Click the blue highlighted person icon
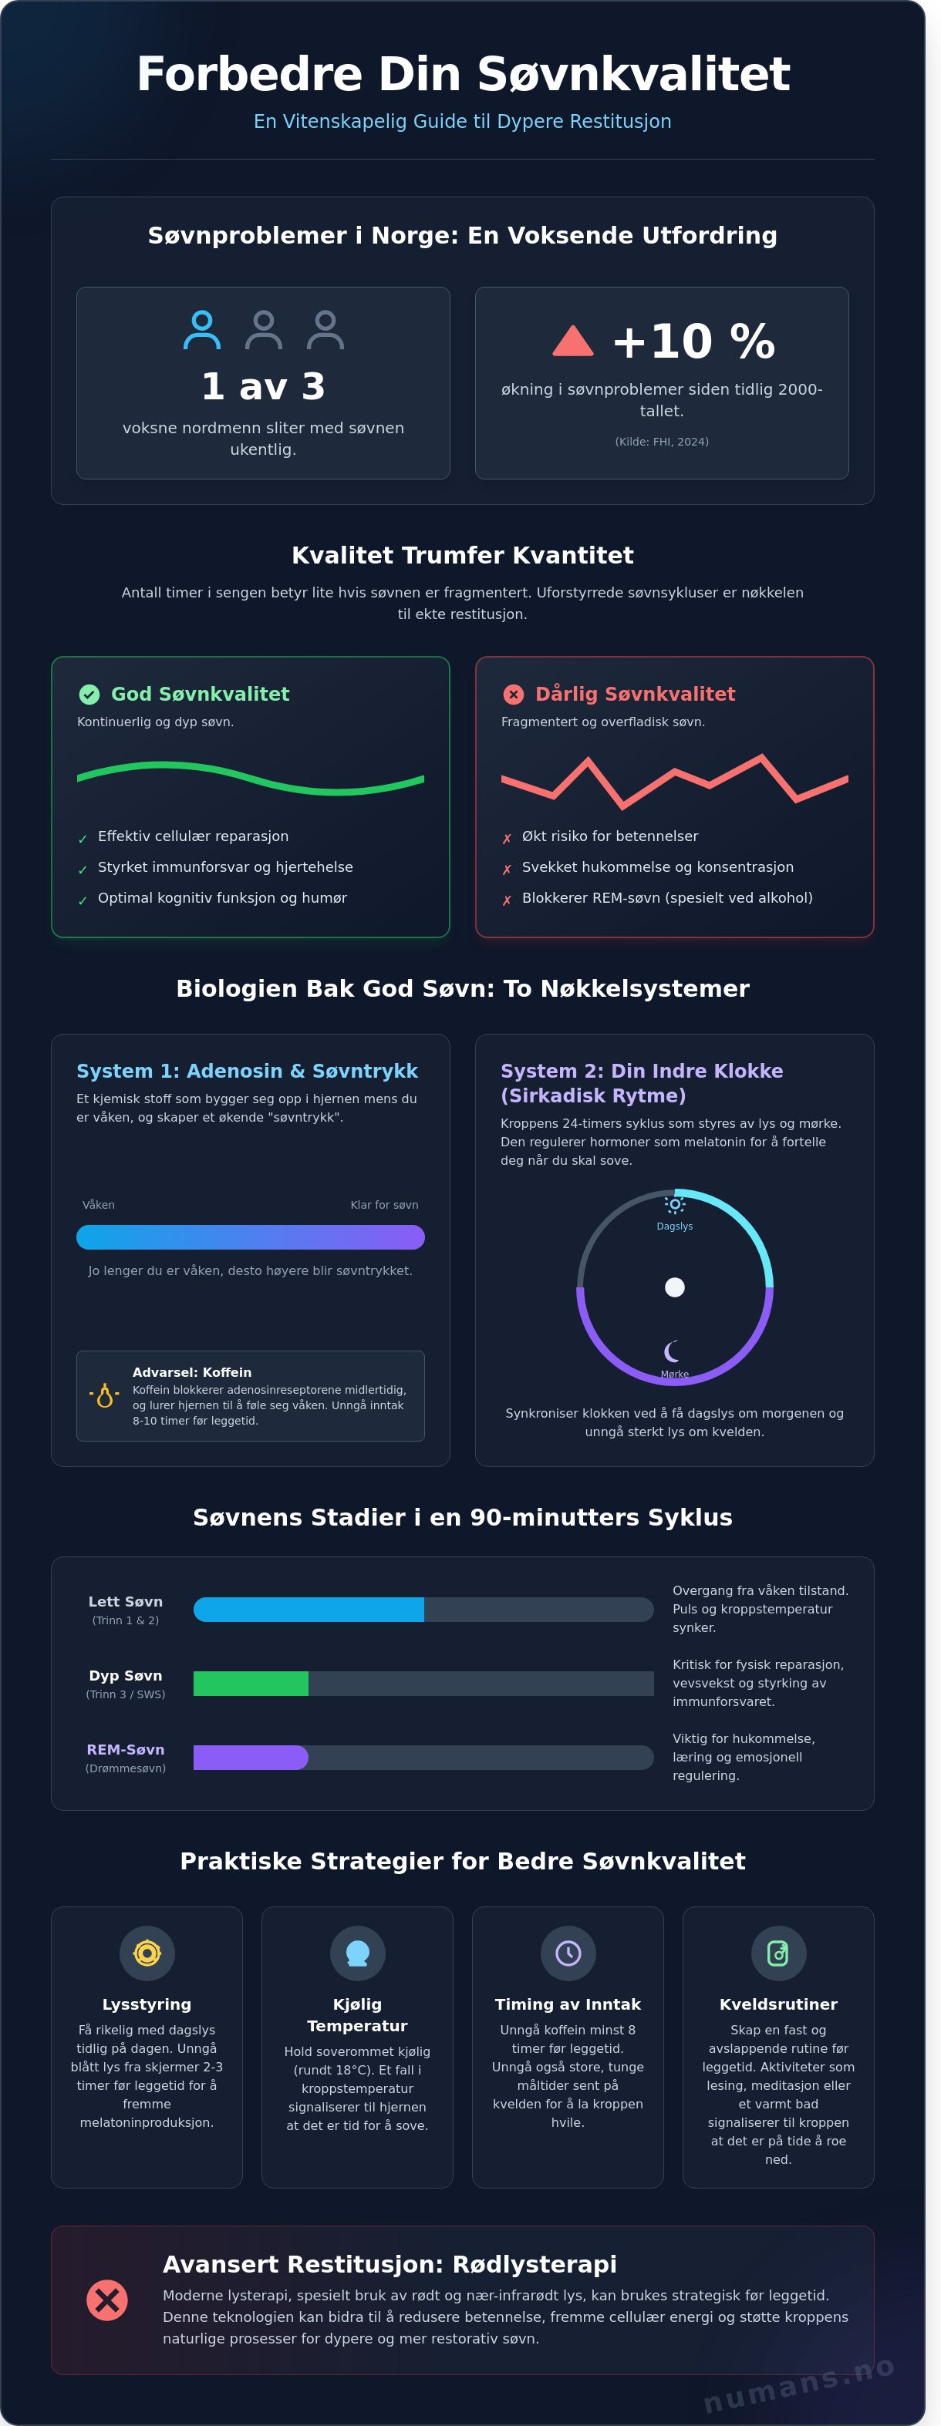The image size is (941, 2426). (201, 330)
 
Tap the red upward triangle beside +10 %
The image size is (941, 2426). (573, 342)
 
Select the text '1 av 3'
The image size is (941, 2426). (263, 386)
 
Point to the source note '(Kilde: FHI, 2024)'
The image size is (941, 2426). (661, 442)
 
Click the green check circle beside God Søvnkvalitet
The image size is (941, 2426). (89, 694)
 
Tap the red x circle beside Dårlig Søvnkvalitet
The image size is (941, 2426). (514, 694)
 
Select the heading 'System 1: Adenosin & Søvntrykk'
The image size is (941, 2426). (247, 1071)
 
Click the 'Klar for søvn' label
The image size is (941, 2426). (384, 1205)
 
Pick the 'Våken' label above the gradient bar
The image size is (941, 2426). (99, 1205)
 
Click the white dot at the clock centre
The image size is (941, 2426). (674, 1287)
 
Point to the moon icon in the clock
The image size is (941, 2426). (673, 1351)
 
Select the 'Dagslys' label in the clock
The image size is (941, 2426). (674, 1226)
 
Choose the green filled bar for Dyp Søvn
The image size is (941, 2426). (251, 1683)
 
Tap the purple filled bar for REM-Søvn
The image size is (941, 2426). (251, 1758)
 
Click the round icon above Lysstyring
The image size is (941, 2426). (147, 1953)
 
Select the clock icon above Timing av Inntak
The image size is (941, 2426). (568, 1953)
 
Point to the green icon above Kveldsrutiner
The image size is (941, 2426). (778, 1953)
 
